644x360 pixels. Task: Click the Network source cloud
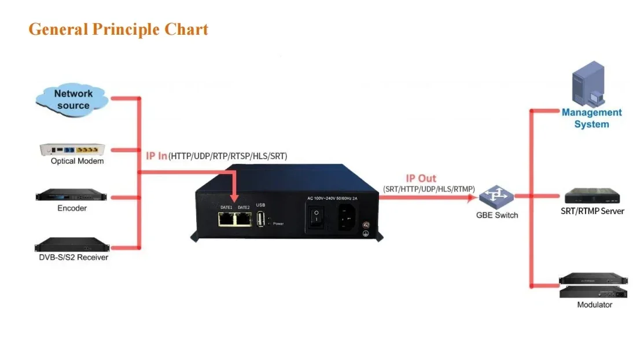[72, 100]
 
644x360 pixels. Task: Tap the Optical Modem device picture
[72, 149]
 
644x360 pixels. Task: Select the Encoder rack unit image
[72, 195]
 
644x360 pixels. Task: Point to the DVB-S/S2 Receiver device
[72, 244]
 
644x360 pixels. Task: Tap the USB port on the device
[260, 219]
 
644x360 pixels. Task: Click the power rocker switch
[317, 217]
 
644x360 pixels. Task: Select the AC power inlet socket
[347, 217]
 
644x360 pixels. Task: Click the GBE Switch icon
[496, 197]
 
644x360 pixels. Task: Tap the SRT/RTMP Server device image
[592, 196]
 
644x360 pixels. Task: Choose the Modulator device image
[594, 285]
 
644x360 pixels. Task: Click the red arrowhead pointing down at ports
[234, 198]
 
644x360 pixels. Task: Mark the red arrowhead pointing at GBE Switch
[472, 198]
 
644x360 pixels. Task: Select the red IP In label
[156, 156]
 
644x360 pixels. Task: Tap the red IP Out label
[421, 178]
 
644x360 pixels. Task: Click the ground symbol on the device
[366, 233]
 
